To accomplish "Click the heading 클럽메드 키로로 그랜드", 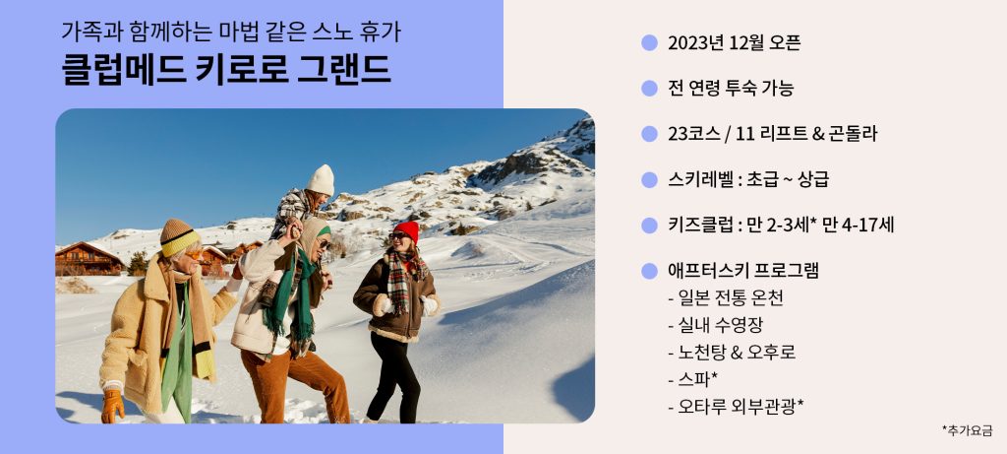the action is click(x=226, y=70).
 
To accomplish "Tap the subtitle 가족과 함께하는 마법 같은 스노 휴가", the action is click(x=231, y=31).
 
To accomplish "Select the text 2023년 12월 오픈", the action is click(x=734, y=43).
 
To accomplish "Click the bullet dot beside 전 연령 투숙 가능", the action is click(x=649, y=88).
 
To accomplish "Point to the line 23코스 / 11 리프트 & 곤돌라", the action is click(x=773, y=134).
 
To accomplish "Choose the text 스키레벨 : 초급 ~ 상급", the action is click(x=748, y=179).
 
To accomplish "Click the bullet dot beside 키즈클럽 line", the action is click(x=649, y=226).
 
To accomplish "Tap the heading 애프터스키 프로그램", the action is click(x=743, y=271).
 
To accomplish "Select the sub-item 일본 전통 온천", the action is click(x=726, y=298).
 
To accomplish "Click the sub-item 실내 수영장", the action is click(x=715, y=325).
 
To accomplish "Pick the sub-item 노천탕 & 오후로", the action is click(x=732, y=353).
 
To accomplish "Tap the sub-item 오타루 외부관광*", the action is click(x=736, y=407).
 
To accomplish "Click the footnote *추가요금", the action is click(x=968, y=430).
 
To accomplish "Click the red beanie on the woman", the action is click(x=406, y=230).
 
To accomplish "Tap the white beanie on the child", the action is click(x=321, y=179).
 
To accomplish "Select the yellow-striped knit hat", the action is click(x=178, y=237).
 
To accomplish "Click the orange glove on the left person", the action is click(x=113, y=406).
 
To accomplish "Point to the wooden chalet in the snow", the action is click(x=89, y=259).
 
